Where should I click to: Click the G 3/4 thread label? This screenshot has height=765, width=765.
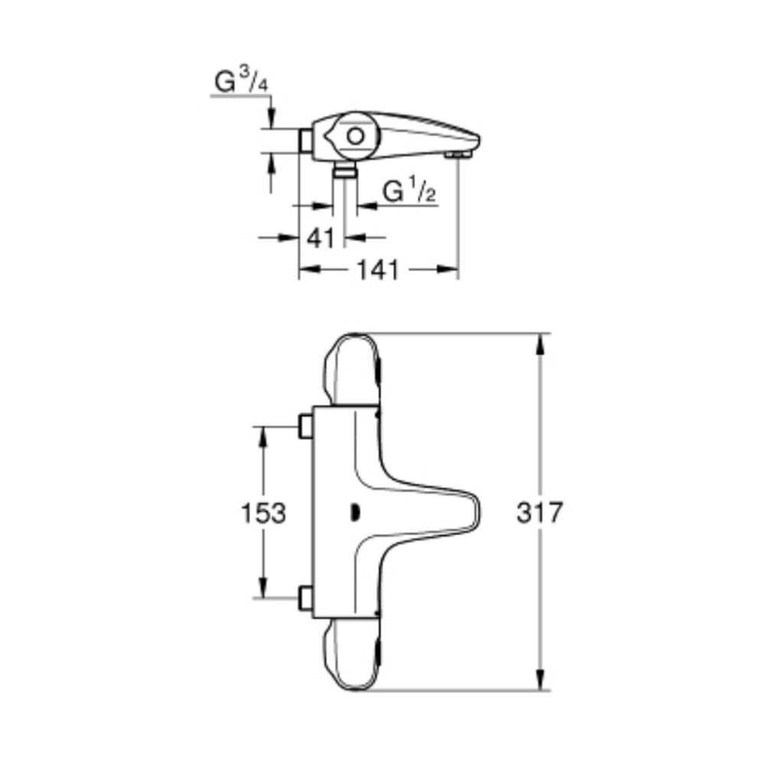click(x=242, y=81)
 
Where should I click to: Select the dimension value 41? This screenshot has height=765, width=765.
click(x=321, y=238)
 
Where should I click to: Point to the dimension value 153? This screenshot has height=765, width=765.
click(x=263, y=513)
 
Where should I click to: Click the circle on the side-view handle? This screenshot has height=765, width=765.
click(x=356, y=137)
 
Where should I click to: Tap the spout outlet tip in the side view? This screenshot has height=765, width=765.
click(x=458, y=155)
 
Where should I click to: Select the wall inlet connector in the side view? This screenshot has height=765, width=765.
click(x=305, y=141)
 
